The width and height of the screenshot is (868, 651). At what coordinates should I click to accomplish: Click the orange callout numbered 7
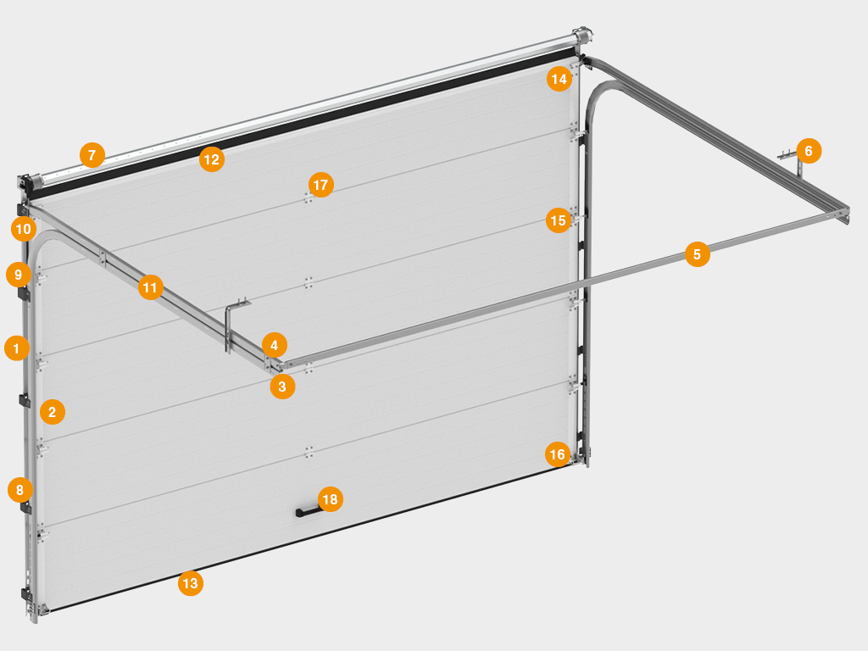(x=92, y=155)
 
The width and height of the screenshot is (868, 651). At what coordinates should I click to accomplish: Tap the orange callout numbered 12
(x=211, y=159)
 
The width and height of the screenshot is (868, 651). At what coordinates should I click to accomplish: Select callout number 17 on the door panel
(x=320, y=184)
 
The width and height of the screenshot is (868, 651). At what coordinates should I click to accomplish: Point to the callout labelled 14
(x=559, y=79)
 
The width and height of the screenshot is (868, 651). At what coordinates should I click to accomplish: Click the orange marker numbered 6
(x=808, y=151)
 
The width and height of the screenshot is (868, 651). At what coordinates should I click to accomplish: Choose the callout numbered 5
(x=697, y=254)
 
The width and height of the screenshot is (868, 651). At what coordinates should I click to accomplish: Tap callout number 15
(x=558, y=220)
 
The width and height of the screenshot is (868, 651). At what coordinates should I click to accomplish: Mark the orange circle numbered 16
(x=558, y=454)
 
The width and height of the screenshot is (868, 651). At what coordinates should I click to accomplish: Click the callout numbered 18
(x=330, y=499)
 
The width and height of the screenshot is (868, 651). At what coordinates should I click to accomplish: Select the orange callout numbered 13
(x=191, y=583)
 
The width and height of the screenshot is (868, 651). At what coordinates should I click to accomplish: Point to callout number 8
(x=20, y=490)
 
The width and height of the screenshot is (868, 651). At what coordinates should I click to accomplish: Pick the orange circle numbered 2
(x=52, y=412)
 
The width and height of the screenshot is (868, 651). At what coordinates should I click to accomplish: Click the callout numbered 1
(x=17, y=348)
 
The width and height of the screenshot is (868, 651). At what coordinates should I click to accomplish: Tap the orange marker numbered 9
(x=19, y=275)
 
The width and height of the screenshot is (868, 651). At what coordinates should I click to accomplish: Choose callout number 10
(x=23, y=229)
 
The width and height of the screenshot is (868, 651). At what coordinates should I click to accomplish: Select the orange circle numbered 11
(x=150, y=287)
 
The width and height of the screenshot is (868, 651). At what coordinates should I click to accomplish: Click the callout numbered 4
(x=274, y=346)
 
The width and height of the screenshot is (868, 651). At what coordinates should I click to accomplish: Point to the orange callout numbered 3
(x=281, y=387)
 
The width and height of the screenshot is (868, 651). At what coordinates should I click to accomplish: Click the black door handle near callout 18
(x=308, y=512)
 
